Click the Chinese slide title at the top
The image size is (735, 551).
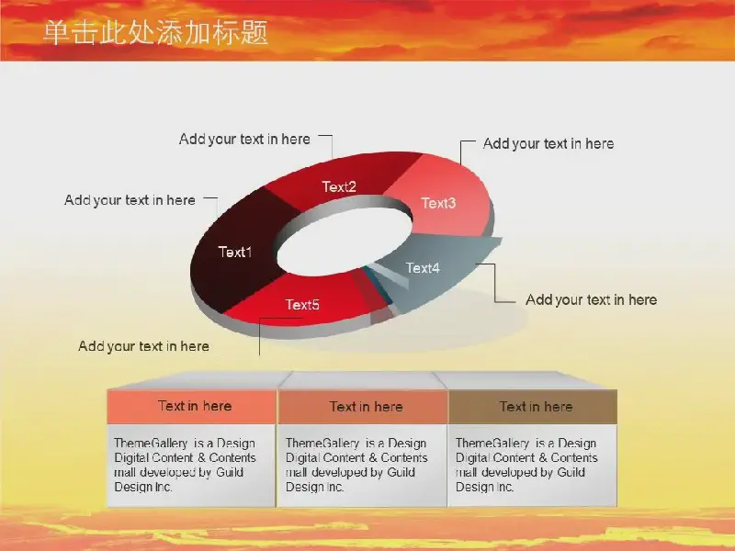155,32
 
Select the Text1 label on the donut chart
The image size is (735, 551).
235,252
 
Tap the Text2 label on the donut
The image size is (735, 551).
339,187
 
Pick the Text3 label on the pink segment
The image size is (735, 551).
438,203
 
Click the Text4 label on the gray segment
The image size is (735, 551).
423,268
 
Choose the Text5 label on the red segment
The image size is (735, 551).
302,305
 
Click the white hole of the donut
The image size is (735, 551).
345,243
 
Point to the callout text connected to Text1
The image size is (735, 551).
130,200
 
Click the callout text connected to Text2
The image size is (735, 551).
244,140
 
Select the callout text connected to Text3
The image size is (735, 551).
548,144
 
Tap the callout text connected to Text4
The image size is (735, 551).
591,300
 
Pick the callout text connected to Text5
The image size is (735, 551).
144,346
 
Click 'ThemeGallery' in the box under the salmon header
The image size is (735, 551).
151,444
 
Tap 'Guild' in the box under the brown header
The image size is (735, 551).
571,472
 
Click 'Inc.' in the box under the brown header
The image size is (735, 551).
503,488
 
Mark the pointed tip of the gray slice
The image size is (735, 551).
501,240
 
